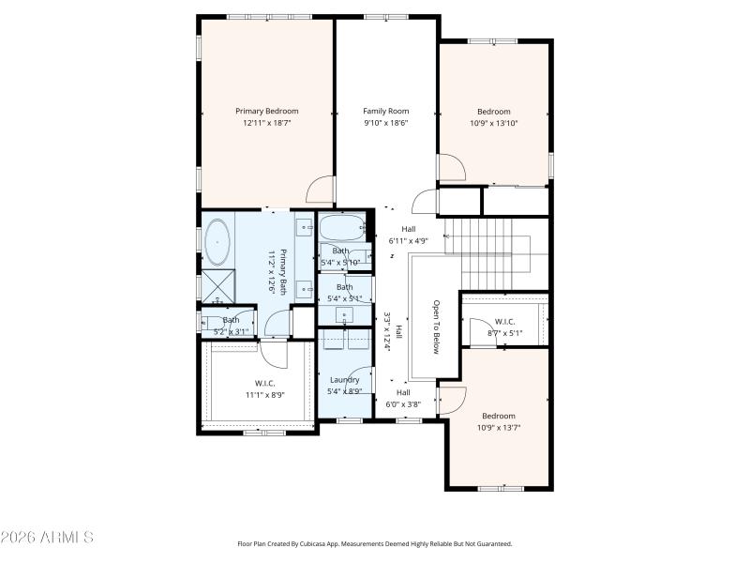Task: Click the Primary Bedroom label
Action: pos(266,111)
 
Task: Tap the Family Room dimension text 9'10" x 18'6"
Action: pos(386,122)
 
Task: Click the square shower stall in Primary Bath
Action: pos(218,283)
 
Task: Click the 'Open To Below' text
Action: pos(436,327)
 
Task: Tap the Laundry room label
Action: pos(344,379)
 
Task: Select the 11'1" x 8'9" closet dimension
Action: pos(265,395)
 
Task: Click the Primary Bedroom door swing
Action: pos(321,190)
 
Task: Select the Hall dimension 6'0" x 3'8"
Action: pos(403,404)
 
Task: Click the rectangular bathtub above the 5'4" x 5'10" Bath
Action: pos(341,227)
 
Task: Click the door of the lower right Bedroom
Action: pos(452,400)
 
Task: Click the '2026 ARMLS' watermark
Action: pos(47,538)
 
